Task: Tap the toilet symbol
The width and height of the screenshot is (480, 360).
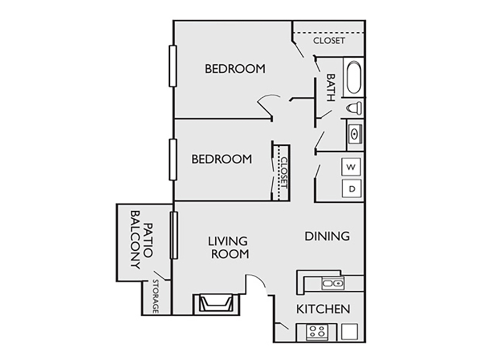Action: pos(354,109)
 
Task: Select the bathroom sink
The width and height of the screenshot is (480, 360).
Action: pos(355,134)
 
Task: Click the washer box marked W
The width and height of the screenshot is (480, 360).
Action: pos(351,167)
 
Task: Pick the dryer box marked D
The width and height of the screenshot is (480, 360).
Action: pos(352,188)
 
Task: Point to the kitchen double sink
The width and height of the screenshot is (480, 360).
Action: pos(333,283)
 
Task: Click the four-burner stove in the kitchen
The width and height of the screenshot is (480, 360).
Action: pos(317,332)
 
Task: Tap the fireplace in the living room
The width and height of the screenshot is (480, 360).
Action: pos(216,304)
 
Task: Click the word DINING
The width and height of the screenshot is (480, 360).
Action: pos(327,236)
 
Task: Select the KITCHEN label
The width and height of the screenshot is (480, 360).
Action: pos(323,309)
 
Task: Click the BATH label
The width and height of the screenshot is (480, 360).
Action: pos(331,88)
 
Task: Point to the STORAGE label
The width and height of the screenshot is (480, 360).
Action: pos(155,296)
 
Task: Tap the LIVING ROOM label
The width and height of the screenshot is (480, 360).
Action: pos(229,247)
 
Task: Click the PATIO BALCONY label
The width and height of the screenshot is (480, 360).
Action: pos(142,239)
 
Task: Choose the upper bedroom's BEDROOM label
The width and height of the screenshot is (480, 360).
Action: pos(235,68)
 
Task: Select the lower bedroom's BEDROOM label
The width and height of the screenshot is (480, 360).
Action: pos(221,159)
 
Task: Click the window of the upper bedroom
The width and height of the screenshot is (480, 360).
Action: pos(173,66)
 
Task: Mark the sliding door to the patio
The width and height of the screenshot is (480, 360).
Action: pos(173,235)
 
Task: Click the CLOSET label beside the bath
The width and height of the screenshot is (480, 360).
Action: pos(329,40)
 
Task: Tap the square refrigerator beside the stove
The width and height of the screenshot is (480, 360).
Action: pos(349,332)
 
